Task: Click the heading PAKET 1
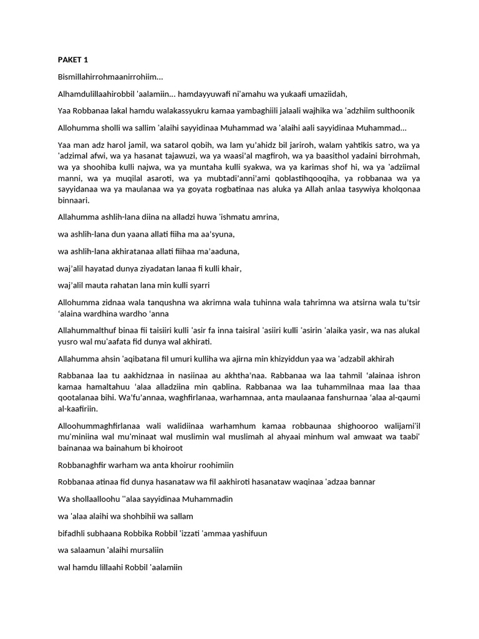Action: [x=72, y=60]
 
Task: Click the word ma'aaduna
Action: [x=218, y=251]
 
